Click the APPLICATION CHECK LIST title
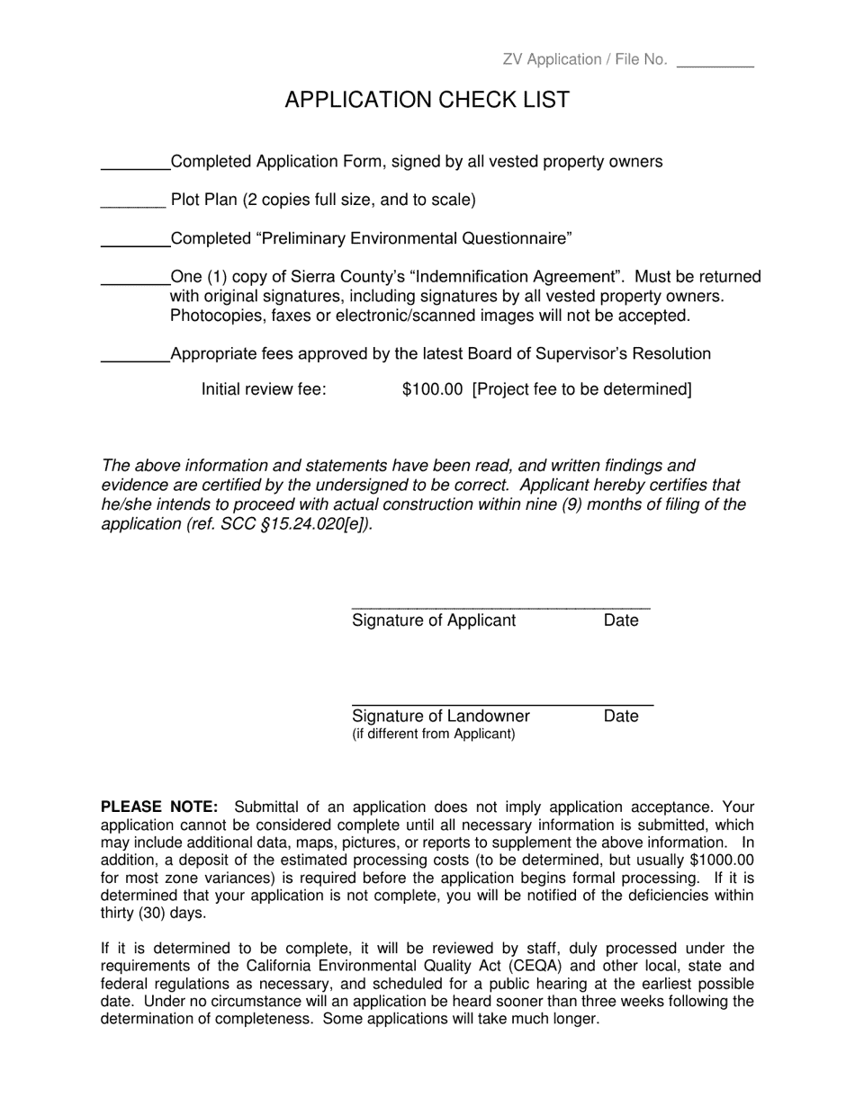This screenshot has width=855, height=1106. [427, 100]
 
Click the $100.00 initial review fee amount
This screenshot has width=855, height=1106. [432, 389]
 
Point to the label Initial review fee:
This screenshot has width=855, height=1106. [264, 389]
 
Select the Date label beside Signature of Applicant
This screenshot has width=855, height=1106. [621, 620]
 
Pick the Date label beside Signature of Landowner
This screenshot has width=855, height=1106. [621, 716]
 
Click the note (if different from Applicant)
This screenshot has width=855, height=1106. [433, 734]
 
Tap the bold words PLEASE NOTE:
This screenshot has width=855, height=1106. [159, 807]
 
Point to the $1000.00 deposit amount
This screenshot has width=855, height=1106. [722, 861]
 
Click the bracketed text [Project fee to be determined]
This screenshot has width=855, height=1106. [581, 389]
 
